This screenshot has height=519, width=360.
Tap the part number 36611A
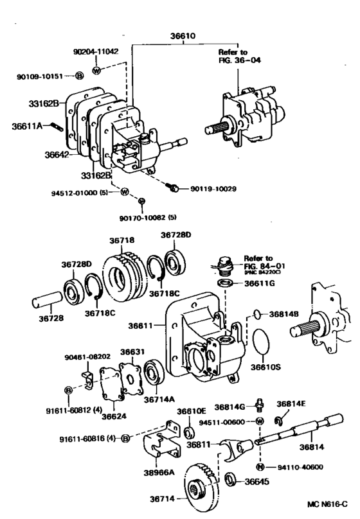click(x=26, y=126)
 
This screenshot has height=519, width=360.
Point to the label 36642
click(x=58, y=155)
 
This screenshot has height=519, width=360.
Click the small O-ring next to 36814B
click(x=256, y=314)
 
